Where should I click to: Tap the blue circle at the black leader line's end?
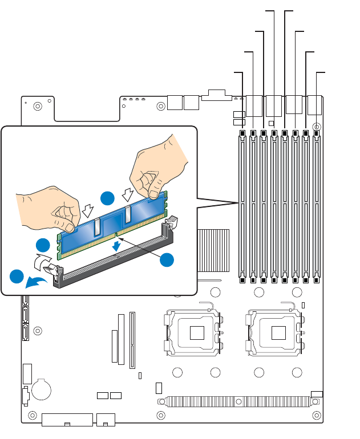click(167, 259)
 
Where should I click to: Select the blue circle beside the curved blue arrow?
click(17, 277)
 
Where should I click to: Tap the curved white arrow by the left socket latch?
click(41, 263)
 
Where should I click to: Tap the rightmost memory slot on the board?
click(317, 205)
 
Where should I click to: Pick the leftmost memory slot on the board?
click(242, 205)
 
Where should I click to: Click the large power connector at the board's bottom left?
click(67, 420)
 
